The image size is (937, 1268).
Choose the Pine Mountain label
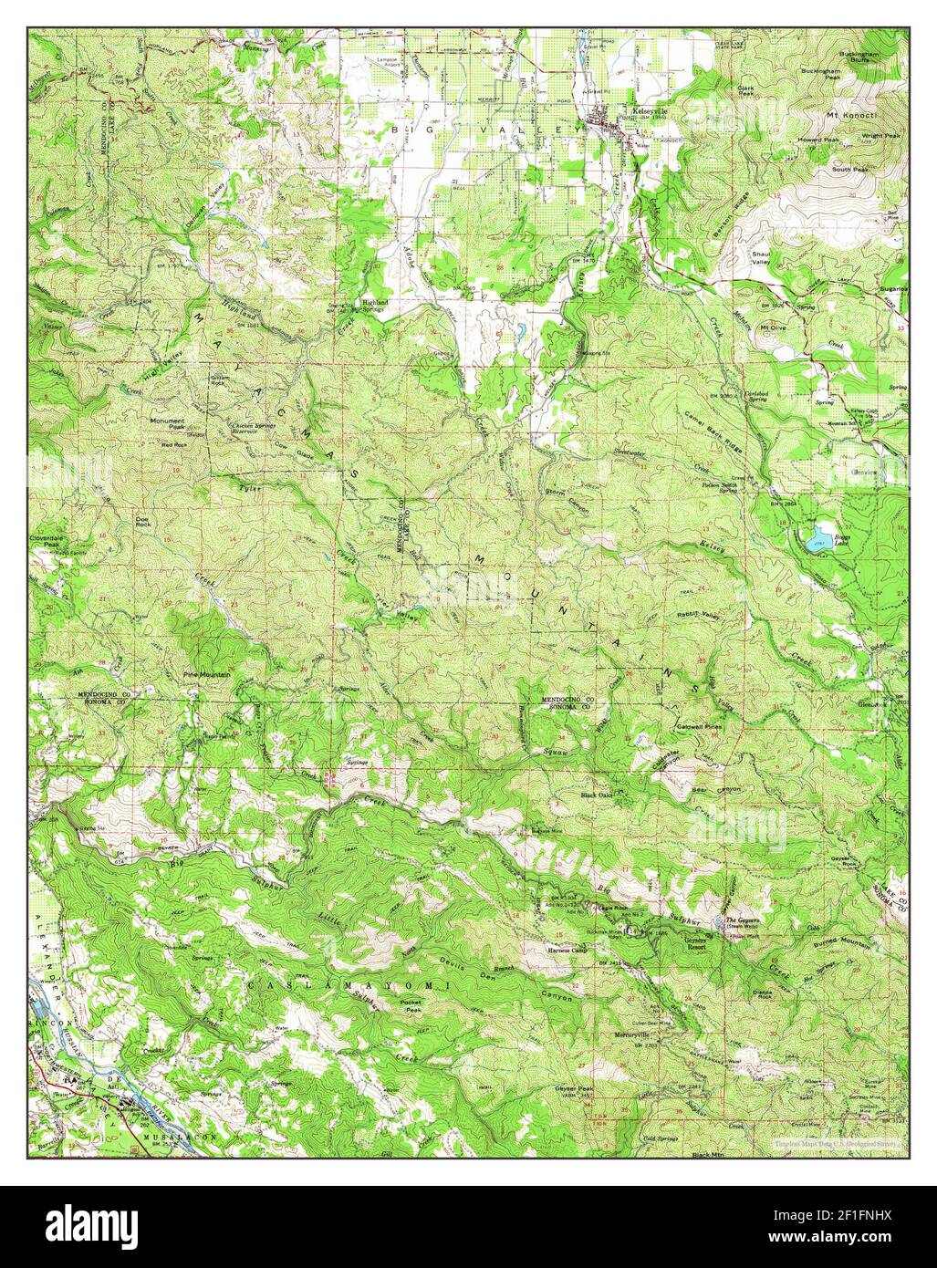(x=205, y=674)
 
